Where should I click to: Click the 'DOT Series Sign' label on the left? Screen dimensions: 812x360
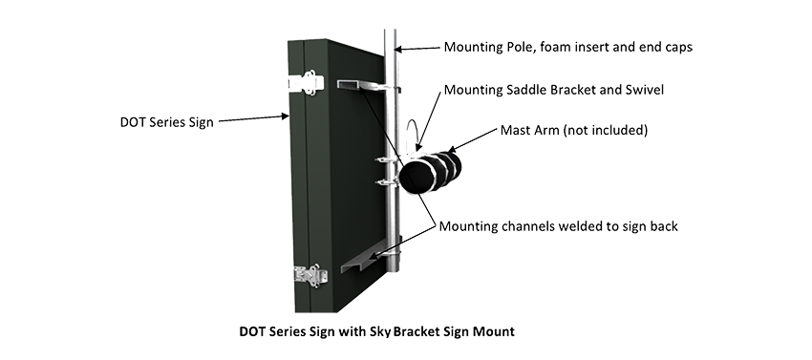click(167, 122)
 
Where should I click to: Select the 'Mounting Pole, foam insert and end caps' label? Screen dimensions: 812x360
click(568, 47)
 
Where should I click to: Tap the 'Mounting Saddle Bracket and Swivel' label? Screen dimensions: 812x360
click(553, 90)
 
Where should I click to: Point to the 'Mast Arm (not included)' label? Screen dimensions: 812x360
click(574, 130)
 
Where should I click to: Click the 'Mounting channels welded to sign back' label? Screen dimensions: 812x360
click(558, 226)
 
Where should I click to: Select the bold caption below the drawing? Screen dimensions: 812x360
click(377, 331)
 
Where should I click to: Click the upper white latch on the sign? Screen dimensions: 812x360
click(306, 83)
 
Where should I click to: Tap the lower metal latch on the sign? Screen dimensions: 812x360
click(310, 276)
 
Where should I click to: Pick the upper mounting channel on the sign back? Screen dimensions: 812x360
click(368, 87)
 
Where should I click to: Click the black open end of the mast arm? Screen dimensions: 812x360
click(419, 177)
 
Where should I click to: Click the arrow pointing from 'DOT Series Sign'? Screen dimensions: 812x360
click(254, 118)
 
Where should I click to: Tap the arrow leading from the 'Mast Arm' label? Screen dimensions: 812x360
click(471, 140)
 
